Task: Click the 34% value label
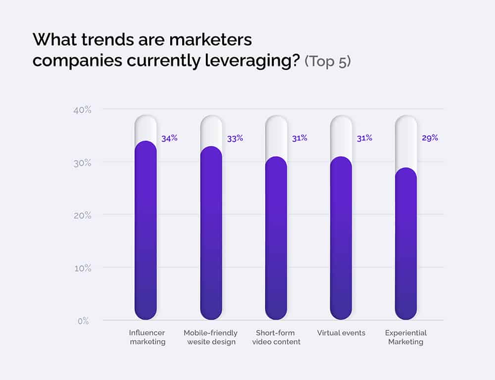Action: (x=169, y=139)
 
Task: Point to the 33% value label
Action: (x=235, y=139)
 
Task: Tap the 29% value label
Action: (x=430, y=138)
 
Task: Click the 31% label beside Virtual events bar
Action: (x=364, y=139)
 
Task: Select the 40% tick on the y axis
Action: (x=82, y=110)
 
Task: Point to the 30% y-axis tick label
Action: (x=82, y=163)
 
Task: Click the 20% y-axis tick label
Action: (x=82, y=216)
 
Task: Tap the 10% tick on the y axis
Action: (x=82, y=268)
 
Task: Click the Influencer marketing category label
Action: (x=147, y=337)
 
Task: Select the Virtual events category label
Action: (x=341, y=333)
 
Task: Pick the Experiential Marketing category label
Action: (x=406, y=337)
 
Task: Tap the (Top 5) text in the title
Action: (x=327, y=61)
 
